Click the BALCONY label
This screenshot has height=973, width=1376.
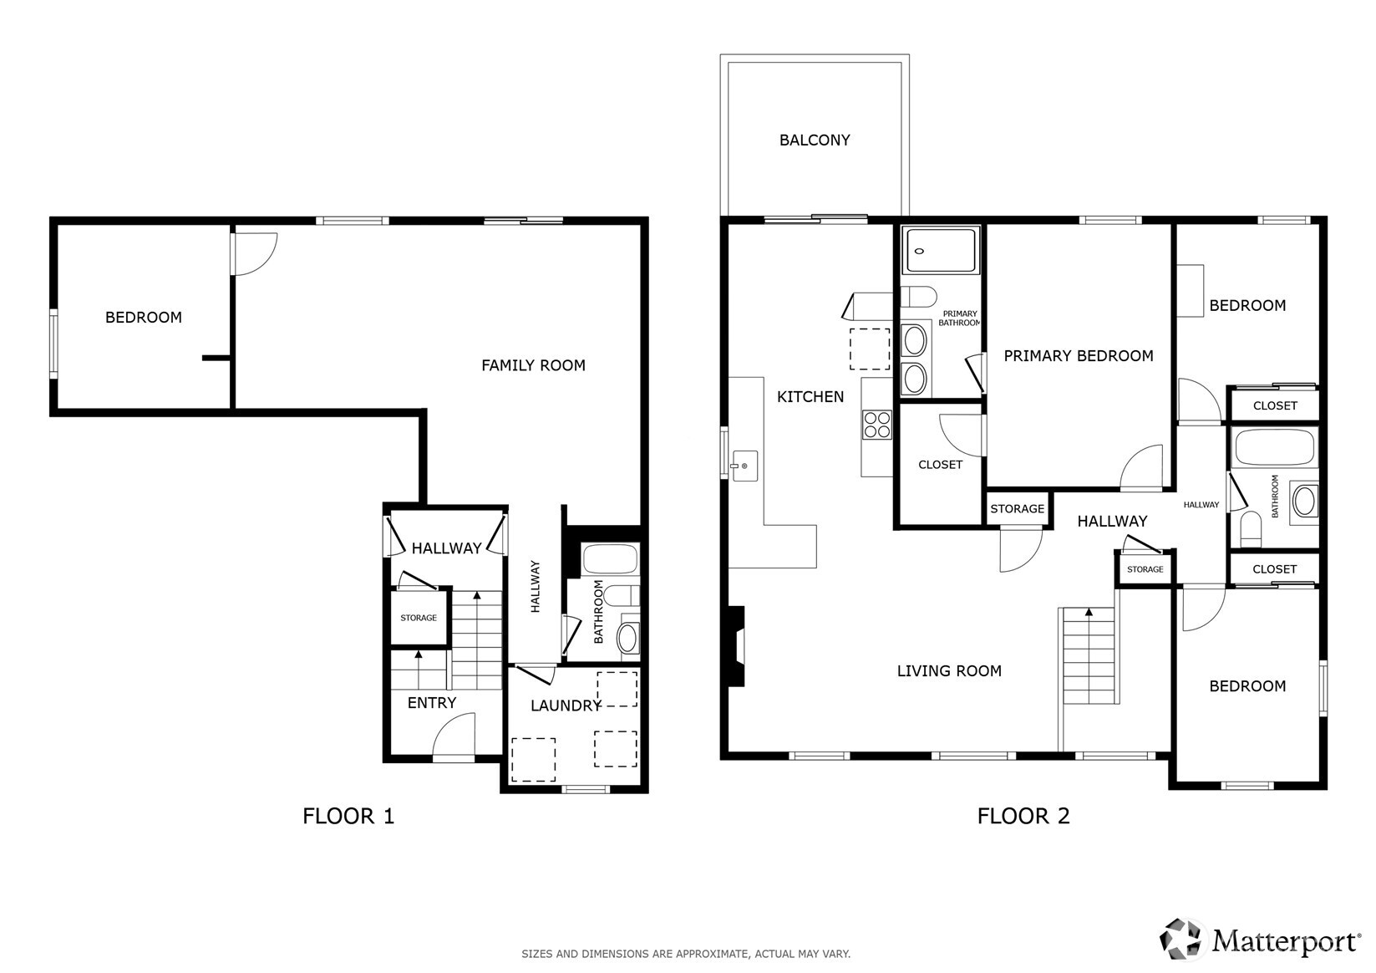pos(815,140)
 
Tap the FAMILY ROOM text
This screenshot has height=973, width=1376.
pos(533,365)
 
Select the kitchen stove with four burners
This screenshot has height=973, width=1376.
pos(877,425)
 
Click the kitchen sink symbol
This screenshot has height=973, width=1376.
pos(744,466)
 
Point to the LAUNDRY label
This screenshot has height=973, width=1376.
pos(566,706)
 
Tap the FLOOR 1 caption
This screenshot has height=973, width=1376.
pos(348,816)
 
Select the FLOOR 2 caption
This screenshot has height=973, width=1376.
pos(1023,816)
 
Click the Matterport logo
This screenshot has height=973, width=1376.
pos(1261,940)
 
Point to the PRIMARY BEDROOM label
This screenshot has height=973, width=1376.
pos(1078,356)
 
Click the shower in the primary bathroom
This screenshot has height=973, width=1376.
pos(942,250)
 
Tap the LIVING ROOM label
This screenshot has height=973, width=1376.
pos(949,671)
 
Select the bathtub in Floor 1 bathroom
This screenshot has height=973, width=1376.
pos(611,558)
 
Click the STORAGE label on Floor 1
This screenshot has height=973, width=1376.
pos(419,619)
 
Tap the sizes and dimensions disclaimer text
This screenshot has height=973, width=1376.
pos(686,954)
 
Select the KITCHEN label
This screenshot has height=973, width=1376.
pos(810,397)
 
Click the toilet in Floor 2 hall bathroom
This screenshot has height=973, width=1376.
pos(1251,530)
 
